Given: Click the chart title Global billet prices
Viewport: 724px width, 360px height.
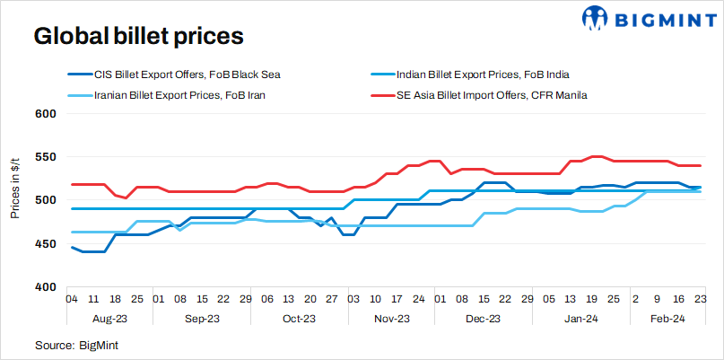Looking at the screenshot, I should [x=139, y=37].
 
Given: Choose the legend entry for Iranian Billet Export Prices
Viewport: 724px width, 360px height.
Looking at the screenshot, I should [x=179, y=94].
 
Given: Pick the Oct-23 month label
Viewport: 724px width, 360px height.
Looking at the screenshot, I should [x=299, y=319].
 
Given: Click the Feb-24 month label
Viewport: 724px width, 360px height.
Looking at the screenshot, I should [x=666, y=319].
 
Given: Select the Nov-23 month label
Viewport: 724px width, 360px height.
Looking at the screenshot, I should [x=391, y=319].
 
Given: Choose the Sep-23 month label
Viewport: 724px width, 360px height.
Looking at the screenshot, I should [x=203, y=319].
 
